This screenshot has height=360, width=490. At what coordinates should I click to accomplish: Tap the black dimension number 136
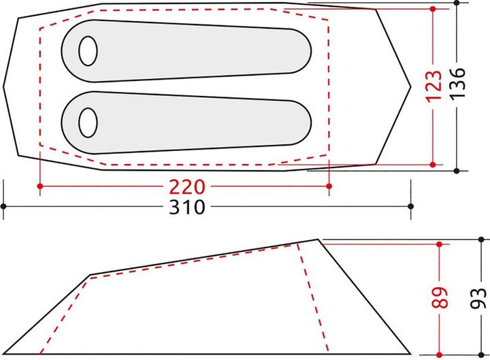coord(457,86)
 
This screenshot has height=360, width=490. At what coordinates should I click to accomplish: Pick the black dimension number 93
coord(480,297)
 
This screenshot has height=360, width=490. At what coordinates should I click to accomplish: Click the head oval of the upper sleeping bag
coord(88,50)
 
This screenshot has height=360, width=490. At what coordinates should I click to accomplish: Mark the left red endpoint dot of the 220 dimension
coord(41,186)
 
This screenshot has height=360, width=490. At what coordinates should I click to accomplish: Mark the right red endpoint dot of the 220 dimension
coord(329,186)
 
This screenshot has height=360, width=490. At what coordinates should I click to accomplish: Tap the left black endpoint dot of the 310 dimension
coord(4,206)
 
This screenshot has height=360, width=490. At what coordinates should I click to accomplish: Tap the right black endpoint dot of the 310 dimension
coord(410,206)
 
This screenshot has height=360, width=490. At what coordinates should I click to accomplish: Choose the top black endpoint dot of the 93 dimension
coord(480,239)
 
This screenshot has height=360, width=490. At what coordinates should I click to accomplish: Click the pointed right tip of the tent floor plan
coord(411,87)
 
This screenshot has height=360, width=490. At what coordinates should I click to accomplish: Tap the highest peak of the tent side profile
coord(318,240)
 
